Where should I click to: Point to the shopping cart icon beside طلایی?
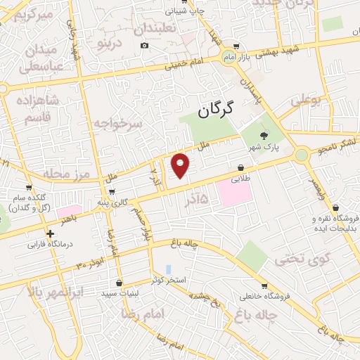pos(241,169)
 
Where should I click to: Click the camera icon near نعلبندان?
pos(145,46)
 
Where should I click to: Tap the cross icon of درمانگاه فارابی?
pos(50,233)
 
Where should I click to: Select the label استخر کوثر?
pos(170,280)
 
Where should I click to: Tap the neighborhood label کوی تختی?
pos(291,259)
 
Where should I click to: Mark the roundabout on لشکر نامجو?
pos(302,154)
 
